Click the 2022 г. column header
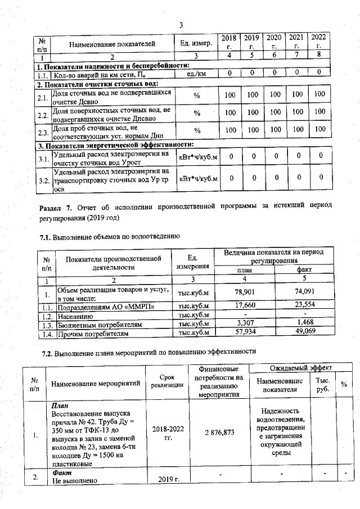click(x=319, y=42)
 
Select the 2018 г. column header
click(x=229, y=42)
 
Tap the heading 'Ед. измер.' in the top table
click(x=196, y=43)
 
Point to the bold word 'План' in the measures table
click(x=59, y=405)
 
